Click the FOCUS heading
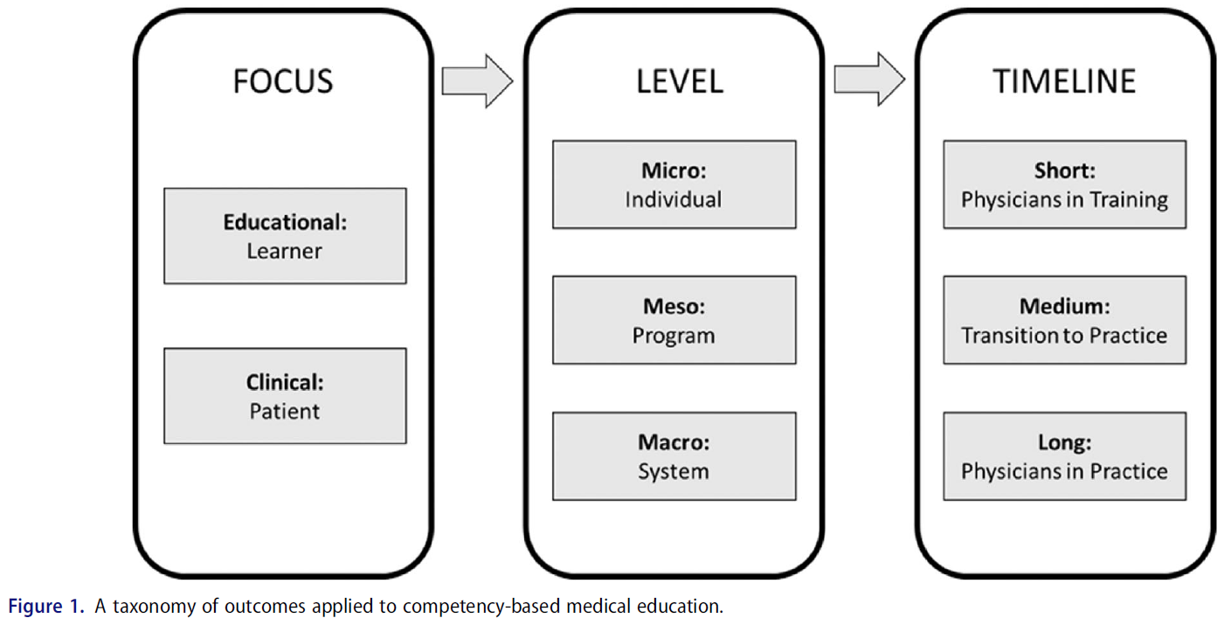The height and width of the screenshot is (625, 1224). (x=283, y=81)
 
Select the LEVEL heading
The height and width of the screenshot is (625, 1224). (x=679, y=81)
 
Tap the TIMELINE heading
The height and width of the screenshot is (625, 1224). (x=1064, y=81)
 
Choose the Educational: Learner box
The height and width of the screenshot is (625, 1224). (x=285, y=236)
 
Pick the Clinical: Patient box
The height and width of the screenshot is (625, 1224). (x=285, y=396)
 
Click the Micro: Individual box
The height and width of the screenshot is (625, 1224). (x=674, y=184)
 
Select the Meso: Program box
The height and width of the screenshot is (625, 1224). (x=674, y=320)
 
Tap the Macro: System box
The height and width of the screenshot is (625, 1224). (x=674, y=456)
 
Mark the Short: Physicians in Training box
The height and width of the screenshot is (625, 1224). (x=1064, y=184)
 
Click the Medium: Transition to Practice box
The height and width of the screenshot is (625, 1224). (x=1064, y=320)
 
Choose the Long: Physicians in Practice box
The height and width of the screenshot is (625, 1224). (x=1064, y=456)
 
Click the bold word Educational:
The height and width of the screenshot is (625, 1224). (x=285, y=222)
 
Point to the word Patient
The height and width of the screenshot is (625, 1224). (x=285, y=411)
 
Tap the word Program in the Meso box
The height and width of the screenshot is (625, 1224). (x=674, y=336)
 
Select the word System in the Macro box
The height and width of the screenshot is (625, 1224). (x=674, y=471)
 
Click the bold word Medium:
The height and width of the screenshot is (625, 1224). (x=1064, y=307)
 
